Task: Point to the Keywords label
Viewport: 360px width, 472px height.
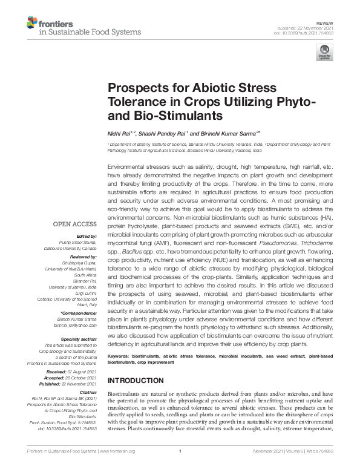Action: [119, 358]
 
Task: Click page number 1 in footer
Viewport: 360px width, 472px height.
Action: [180, 468]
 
